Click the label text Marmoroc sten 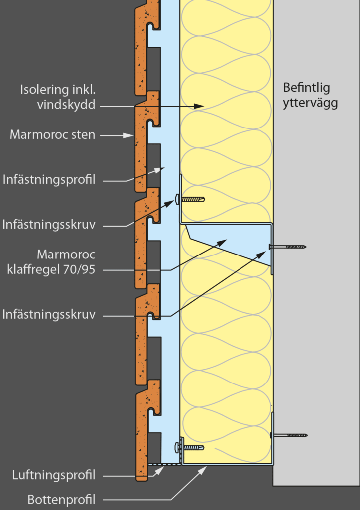click(52, 135)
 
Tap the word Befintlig click(306, 88)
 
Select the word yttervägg click(310, 103)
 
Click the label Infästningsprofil click(49, 179)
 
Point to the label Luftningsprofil click(54, 475)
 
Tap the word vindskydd click(66, 105)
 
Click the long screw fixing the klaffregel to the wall click(287, 246)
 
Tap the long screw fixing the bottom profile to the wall click(289, 435)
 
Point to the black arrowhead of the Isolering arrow click(199, 106)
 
